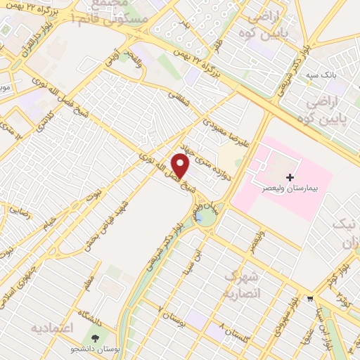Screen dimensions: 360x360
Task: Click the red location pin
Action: [181, 165]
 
